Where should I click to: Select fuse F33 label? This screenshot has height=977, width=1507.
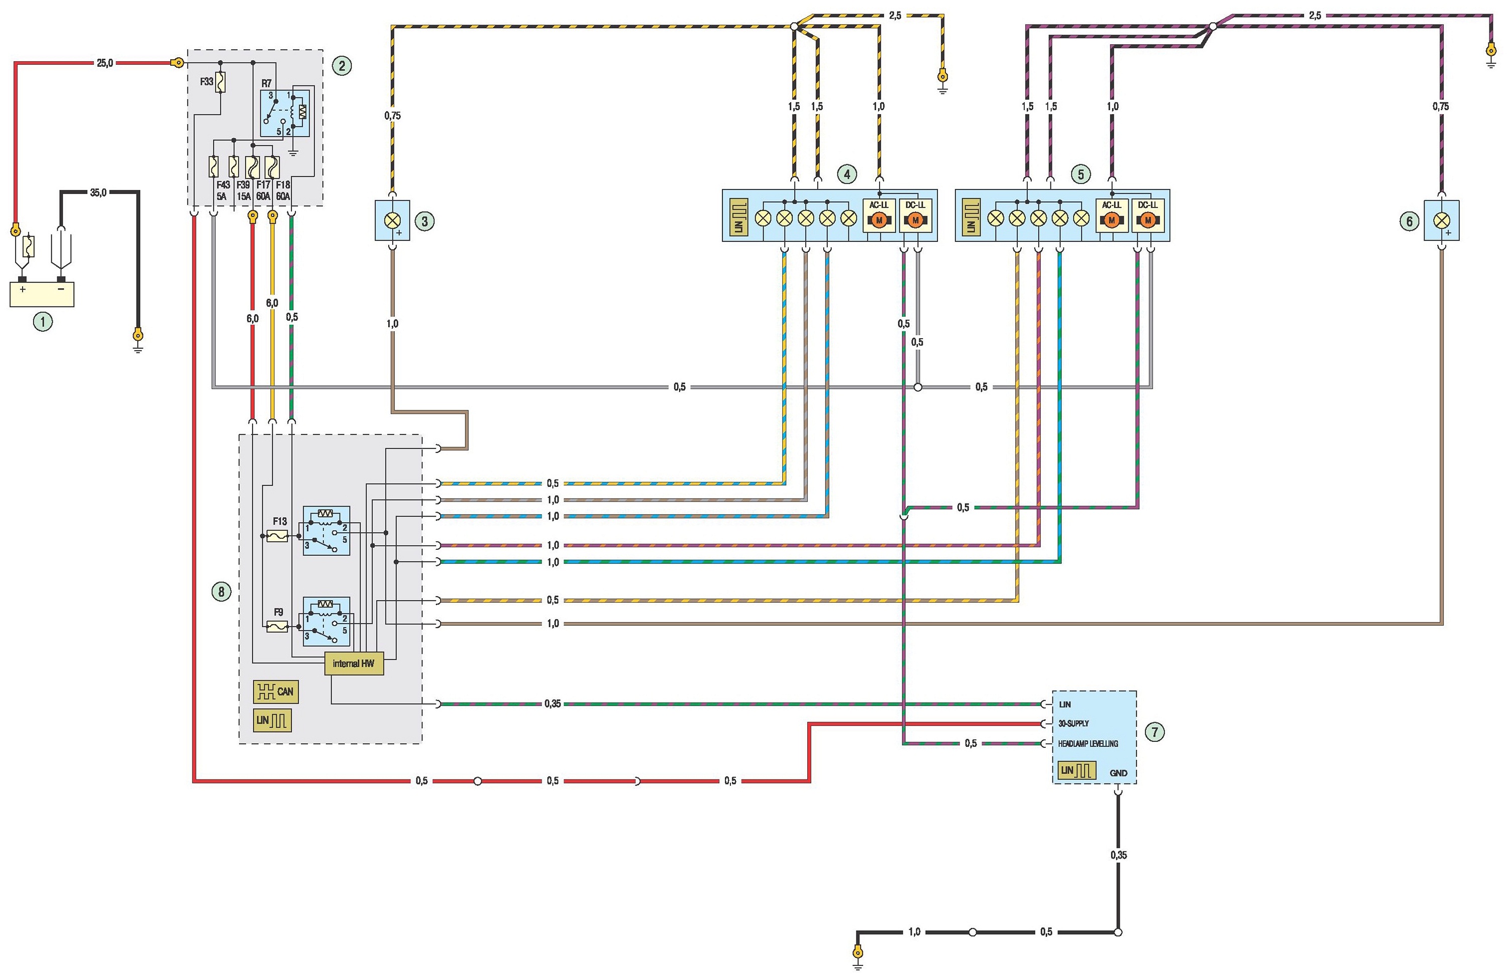pyautogui.click(x=206, y=82)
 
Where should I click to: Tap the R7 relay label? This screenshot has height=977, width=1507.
pyautogui.click(x=267, y=83)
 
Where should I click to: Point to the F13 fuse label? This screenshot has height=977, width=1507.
pyautogui.click(x=280, y=522)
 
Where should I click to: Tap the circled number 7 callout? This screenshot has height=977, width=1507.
pyautogui.click(x=1155, y=732)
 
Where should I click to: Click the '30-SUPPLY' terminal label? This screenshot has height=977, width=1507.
pyautogui.click(x=1073, y=724)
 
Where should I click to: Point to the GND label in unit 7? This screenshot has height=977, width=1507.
pyautogui.click(x=1118, y=773)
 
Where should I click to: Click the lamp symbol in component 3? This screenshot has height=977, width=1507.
pyautogui.click(x=393, y=221)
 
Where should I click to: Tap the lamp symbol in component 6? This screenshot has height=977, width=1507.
pyautogui.click(x=1441, y=221)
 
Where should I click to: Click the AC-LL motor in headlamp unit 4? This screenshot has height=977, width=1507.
pyautogui.click(x=879, y=220)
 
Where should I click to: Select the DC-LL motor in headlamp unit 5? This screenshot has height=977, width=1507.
pyautogui.click(x=1147, y=220)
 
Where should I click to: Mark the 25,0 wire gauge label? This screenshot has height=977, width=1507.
pyautogui.click(x=105, y=63)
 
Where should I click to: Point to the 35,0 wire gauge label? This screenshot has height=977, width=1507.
pyautogui.click(x=98, y=192)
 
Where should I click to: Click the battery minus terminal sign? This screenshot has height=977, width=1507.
pyautogui.click(x=61, y=289)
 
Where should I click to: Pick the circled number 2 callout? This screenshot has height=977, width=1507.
pyautogui.click(x=342, y=65)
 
